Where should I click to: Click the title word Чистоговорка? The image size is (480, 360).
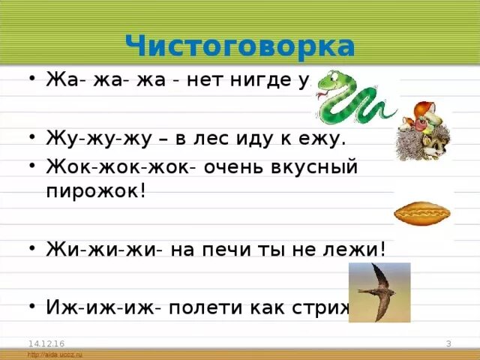(240, 46)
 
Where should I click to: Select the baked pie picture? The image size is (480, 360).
(424, 213)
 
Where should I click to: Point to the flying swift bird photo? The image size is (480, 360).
(379, 292)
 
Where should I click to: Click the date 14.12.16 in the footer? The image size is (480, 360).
(41, 343)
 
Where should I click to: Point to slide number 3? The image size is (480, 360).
(448, 343)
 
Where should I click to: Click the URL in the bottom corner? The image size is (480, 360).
(54, 354)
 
